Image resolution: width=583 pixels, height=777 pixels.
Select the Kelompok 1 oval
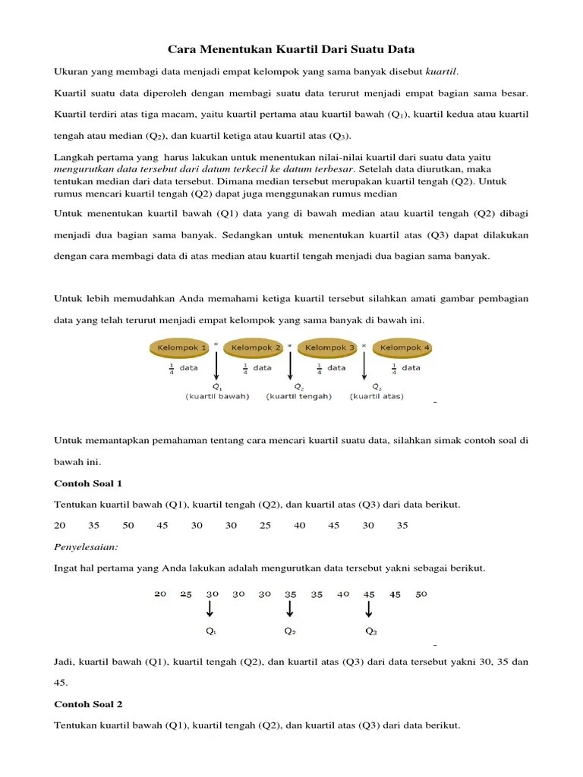pos(180,348)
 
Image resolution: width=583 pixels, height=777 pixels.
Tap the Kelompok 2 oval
pos(254,348)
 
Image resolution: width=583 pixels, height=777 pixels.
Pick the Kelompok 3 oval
pos(329,348)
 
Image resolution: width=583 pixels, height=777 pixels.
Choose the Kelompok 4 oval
pos(404,348)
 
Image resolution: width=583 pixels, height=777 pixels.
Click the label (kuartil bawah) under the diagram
pos(217,396)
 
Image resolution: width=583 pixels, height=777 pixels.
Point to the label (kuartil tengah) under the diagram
pos(298,396)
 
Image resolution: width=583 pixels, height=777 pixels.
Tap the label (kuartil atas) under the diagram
pos(377,396)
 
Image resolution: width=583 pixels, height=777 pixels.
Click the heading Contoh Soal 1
pos(88,483)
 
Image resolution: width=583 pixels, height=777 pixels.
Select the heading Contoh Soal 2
pos(88,704)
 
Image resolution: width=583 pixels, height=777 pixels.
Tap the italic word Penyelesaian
pos(86,546)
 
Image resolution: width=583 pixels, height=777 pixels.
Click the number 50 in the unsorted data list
pos(128,525)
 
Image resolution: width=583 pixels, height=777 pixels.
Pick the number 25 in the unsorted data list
pos(265,525)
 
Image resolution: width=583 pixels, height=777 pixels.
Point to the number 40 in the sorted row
pos(342,594)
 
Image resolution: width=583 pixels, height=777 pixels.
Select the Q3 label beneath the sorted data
pos(370,631)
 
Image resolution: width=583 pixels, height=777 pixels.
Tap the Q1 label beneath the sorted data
pos(211,631)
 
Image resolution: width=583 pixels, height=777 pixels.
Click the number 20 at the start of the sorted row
pos(159,594)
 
